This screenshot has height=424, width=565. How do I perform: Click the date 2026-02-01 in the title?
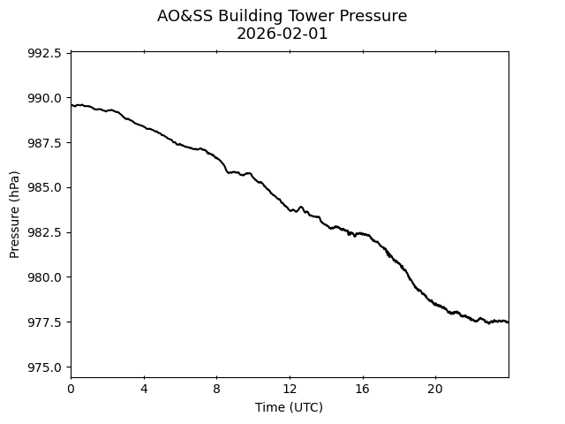pyautogui.click(x=282, y=34)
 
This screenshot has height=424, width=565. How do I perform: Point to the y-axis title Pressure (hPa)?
pyautogui.click(x=15, y=215)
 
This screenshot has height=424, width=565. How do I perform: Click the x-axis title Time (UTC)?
pyautogui.click(x=289, y=407)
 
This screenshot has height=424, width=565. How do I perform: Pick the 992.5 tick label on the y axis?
pyautogui.click(x=45, y=53)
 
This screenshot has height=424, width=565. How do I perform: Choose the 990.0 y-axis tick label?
pyautogui.click(x=45, y=97)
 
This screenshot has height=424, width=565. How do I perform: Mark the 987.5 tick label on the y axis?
pyautogui.click(x=45, y=142)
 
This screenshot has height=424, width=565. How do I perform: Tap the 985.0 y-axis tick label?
pyautogui.click(x=45, y=187)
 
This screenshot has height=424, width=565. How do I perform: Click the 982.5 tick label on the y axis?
pyautogui.click(x=45, y=232)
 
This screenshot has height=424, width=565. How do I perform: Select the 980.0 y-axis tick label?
pyautogui.click(x=45, y=277)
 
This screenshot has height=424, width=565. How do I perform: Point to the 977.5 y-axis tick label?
pyautogui.click(x=45, y=322)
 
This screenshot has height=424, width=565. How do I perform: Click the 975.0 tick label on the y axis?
pyautogui.click(x=45, y=367)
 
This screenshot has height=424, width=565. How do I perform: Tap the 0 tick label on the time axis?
pyautogui.click(x=71, y=389)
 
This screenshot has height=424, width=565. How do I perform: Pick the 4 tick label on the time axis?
pyautogui.click(x=144, y=389)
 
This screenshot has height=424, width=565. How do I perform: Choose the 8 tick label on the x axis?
pyautogui.click(x=216, y=389)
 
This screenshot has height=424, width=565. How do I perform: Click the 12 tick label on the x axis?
pyautogui.click(x=290, y=389)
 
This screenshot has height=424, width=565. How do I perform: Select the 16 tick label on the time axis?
pyautogui.click(x=362, y=389)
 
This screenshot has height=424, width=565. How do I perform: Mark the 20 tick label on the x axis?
pyautogui.click(x=435, y=389)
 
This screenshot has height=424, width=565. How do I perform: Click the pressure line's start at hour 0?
pyautogui.click(x=72, y=105)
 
